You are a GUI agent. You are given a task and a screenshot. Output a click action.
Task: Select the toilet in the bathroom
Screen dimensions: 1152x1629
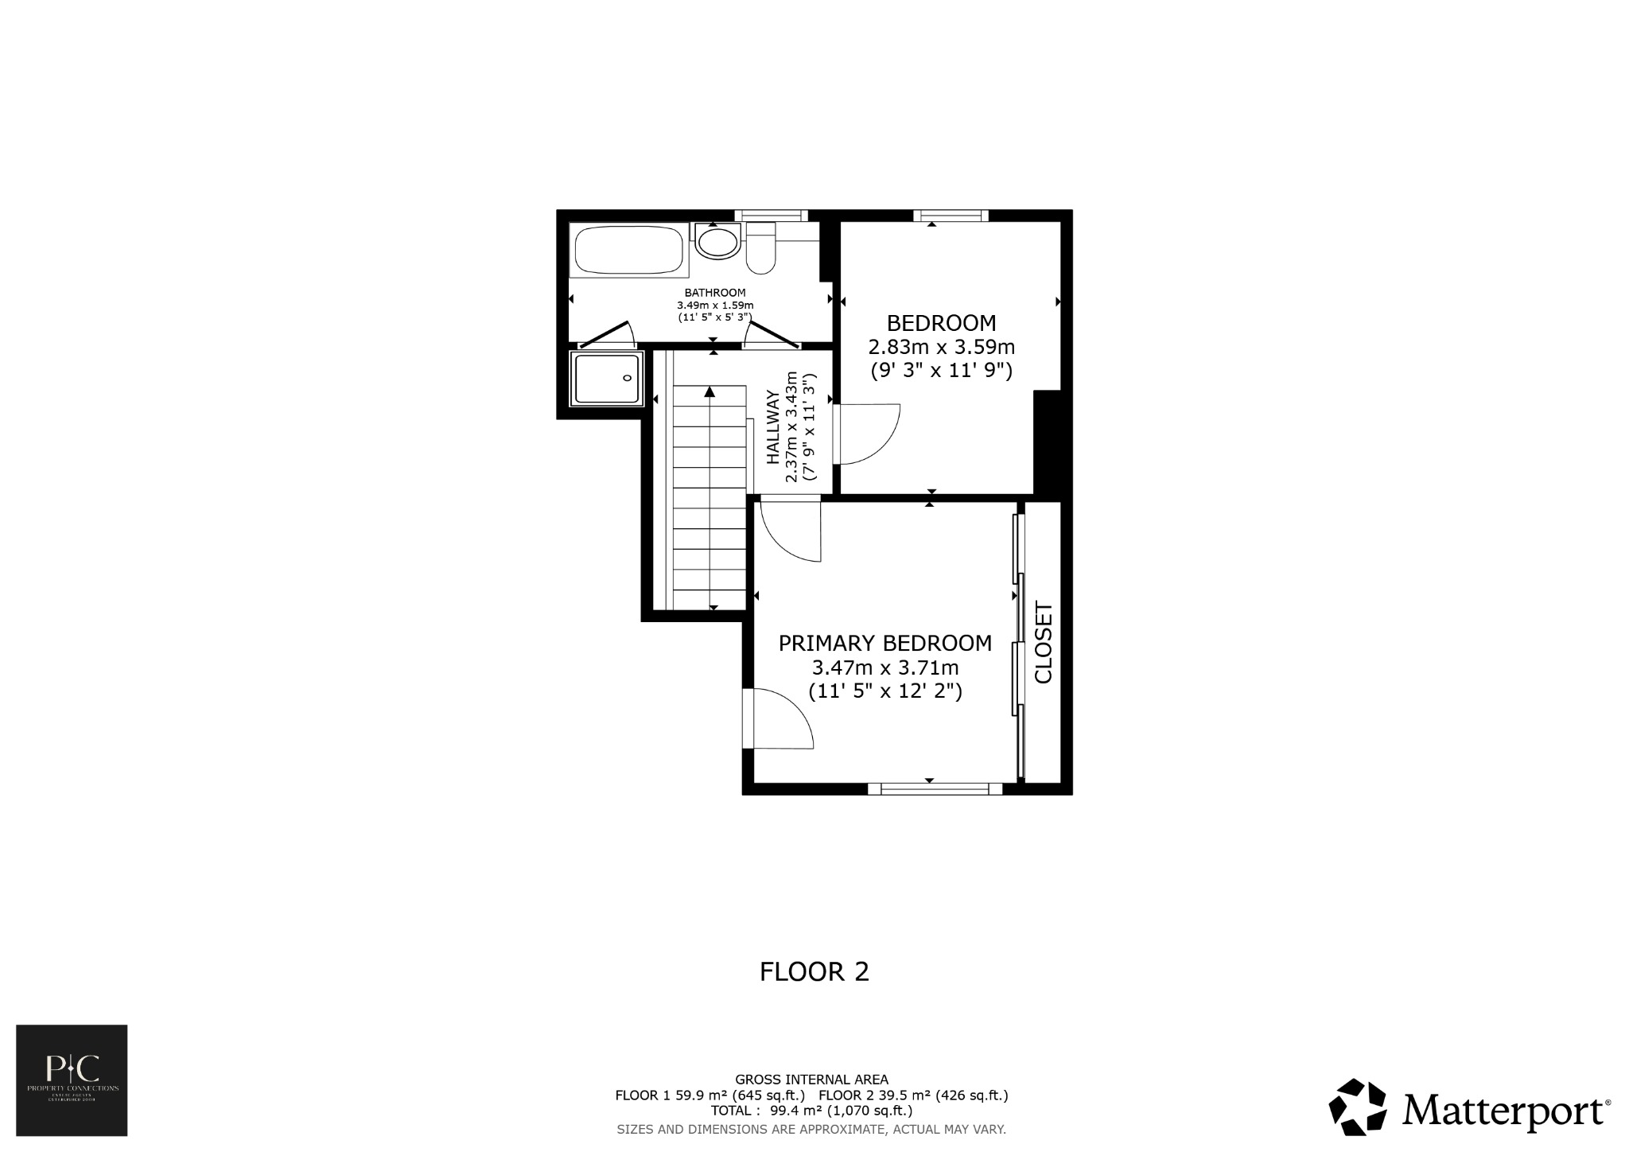tap(761, 250)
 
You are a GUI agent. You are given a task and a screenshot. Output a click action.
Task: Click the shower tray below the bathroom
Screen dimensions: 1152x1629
tap(606, 379)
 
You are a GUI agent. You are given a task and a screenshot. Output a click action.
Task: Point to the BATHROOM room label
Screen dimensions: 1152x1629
tap(715, 293)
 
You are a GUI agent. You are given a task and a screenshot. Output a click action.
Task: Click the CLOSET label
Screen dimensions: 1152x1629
tap(1043, 642)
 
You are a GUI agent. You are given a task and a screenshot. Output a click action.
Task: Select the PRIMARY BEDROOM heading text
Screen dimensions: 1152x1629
tap(884, 643)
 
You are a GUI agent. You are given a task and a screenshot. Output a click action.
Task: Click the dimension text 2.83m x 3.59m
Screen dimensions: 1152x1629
tap(941, 348)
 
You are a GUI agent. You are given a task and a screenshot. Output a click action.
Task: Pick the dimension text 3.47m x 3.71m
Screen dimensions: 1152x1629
tap(884, 667)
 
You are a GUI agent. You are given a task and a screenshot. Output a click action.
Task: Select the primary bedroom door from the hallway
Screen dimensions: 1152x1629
tap(791, 528)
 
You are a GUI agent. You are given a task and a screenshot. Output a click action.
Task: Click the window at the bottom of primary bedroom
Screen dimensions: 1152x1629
tap(934, 788)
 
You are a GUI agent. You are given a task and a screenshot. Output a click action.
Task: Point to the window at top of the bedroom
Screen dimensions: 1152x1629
tap(951, 215)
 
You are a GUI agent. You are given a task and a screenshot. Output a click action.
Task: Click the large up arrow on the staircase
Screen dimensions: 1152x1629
tap(710, 391)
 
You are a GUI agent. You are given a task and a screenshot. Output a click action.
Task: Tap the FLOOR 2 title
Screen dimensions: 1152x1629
tap(814, 972)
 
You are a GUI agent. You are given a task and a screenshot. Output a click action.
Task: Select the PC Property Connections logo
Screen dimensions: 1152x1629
tap(72, 1080)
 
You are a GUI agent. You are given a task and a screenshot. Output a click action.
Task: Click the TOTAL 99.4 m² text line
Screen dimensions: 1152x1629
tap(811, 1111)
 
